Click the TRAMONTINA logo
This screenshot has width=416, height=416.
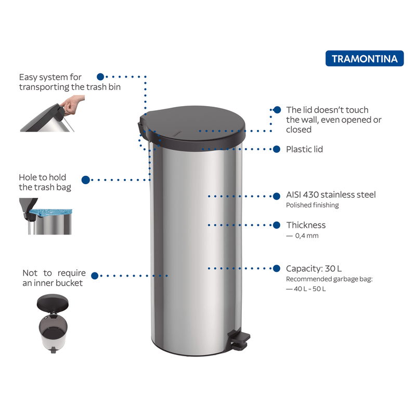pyautogui.click(x=365, y=58)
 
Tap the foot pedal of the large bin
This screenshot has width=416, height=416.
pyautogui.click(x=240, y=340)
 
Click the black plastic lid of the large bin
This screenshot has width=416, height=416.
pyautogui.click(x=192, y=128)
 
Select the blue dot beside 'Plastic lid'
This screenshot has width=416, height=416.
pyautogui.click(x=277, y=149)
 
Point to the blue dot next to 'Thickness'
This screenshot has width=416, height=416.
pyautogui.click(x=277, y=225)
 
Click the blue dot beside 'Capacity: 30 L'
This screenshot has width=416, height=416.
pyautogui.click(x=277, y=268)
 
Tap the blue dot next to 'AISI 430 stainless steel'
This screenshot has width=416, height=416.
pyautogui.click(x=277, y=196)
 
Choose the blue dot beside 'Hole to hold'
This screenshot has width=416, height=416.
pyautogui.click(x=86, y=180)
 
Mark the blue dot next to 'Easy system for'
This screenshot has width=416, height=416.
pyautogui.click(x=100, y=76)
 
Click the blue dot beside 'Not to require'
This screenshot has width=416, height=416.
pyautogui.click(x=95, y=276)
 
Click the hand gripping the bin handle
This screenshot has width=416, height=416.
pyautogui.click(x=71, y=105)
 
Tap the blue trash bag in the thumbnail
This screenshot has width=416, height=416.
pyautogui.click(x=51, y=212)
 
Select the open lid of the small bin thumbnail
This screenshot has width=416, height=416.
pyautogui.click(x=53, y=303)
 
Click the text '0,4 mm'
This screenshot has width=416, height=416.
pyautogui.click(x=307, y=236)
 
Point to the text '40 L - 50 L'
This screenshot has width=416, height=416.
pyautogui.click(x=309, y=289)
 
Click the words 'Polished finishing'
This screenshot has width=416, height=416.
pyautogui.click(x=313, y=205)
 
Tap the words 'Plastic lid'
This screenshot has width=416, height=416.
pyautogui.click(x=304, y=149)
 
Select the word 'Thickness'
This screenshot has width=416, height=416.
pyautogui.click(x=306, y=225)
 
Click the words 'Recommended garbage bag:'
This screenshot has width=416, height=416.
pyautogui.click(x=329, y=279)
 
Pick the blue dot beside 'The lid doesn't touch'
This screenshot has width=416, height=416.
pyautogui.click(x=277, y=110)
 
